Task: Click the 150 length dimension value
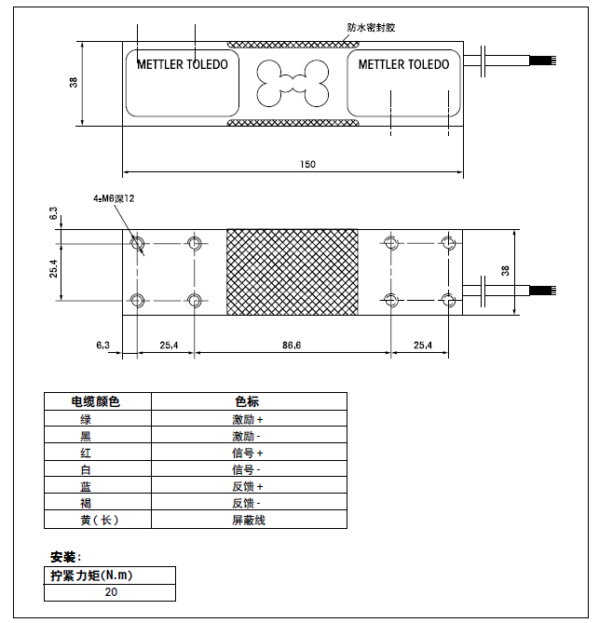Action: [307, 164]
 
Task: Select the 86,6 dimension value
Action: [292, 345]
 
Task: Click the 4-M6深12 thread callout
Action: [114, 198]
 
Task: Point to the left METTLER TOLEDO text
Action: [182, 65]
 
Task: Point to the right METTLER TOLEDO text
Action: [403, 65]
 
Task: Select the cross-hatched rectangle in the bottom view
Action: [292, 272]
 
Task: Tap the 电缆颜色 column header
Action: [97, 401]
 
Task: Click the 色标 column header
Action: [247, 401]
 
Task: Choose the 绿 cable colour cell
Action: [86, 419]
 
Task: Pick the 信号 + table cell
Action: [248, 453]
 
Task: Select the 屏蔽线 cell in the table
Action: [248, 520]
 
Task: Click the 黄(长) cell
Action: [97, 520]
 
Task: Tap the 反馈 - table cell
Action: [248, 503]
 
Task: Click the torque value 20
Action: [112, 591]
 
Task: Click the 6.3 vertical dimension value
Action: [54, 214]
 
